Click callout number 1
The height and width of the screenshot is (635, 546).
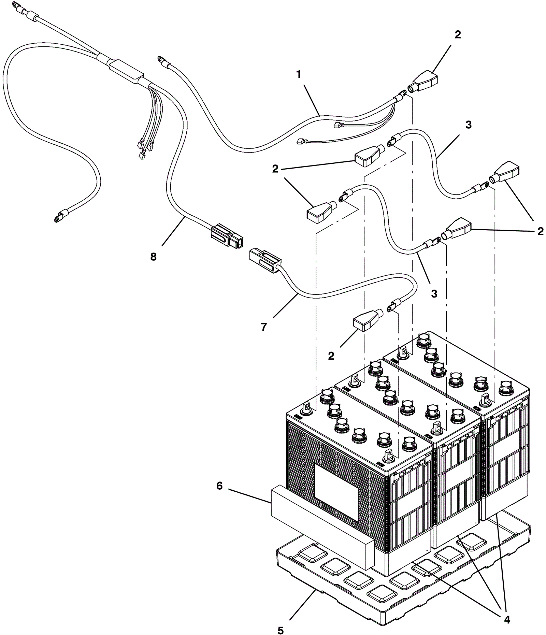point(299,74)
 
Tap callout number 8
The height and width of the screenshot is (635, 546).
point(154,257)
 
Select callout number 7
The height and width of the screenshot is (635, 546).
point(264,327)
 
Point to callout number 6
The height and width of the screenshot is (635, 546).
point(219,486)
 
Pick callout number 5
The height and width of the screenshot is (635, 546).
point(280,630)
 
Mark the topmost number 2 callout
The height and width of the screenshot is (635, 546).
point(458,34)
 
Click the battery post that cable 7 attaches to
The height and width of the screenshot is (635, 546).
point(388,456)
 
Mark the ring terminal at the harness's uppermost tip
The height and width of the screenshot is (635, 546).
point(16,5)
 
